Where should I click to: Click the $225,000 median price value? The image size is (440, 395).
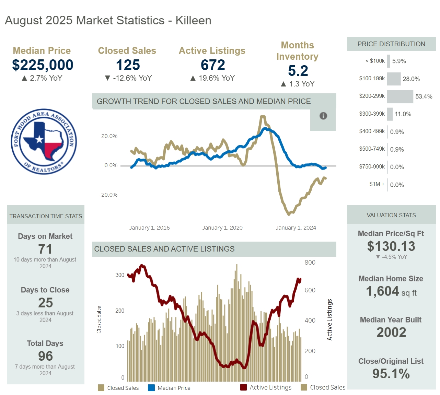[43, 65]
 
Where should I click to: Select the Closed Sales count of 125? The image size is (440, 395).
[128, 65]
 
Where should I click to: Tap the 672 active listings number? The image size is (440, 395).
[213, 65]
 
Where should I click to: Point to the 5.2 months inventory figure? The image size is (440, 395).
[298, 71]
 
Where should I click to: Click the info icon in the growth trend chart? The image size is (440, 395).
[323, 116]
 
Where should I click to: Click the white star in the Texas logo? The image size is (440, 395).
[39, 139]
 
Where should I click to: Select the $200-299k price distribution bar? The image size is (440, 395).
[400, 96]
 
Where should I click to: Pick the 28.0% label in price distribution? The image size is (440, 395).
[411, 79]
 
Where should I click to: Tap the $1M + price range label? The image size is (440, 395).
[377, 184]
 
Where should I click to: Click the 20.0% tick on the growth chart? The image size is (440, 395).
[109, 136]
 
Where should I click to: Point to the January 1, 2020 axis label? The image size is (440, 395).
[222, 228]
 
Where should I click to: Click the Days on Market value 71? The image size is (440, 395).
[45, 249]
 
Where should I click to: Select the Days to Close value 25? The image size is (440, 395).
[45, 303]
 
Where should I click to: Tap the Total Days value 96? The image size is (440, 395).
[45, 356]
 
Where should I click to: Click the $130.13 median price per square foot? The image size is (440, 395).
[391, 246]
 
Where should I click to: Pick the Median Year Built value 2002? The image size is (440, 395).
[391, 332]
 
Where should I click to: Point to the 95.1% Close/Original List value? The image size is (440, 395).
[391, 374]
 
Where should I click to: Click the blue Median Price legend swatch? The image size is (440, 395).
[151, 388]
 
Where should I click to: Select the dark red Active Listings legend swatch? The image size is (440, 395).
[243, 387]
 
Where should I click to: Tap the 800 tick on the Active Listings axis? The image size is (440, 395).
[310, 263]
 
